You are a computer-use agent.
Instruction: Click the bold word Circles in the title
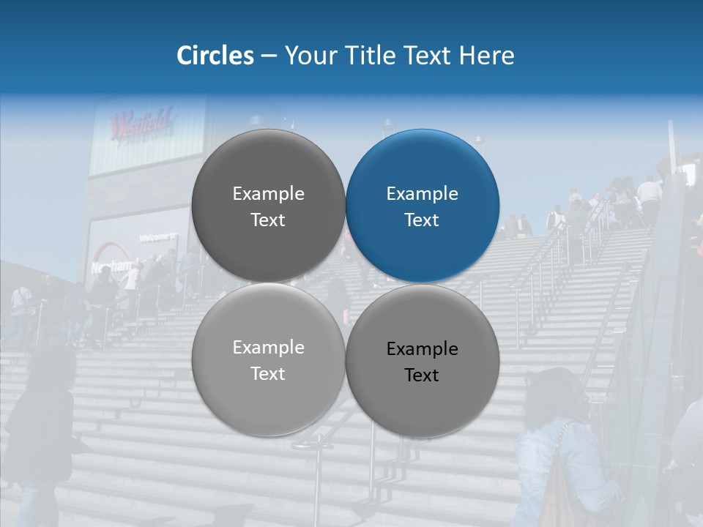tap(215, 56)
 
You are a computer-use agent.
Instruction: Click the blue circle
tap(422, 206)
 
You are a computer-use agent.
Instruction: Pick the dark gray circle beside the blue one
tap(268, 206)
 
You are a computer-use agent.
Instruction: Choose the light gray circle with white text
tap(268, 359)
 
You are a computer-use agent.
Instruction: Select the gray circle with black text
tap(422, 361)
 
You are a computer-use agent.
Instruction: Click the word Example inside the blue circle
tap(422, 193)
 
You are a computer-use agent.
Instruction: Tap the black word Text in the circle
tap(422, 375)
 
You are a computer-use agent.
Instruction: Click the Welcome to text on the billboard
tap(158, 237)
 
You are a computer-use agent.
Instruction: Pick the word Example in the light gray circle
tap(268, 347)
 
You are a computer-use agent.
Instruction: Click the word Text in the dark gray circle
tap(268, 220)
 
